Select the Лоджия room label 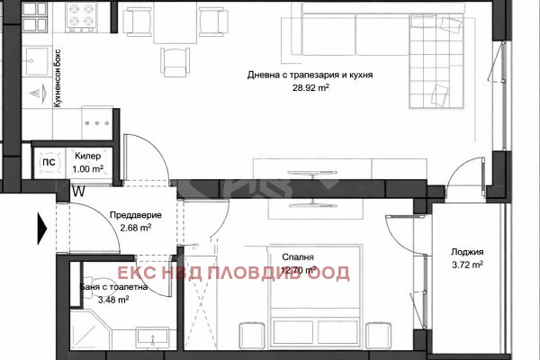click(x=468, y=252)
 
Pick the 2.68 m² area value click(x=135, y=228)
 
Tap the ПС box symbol click(x=48, y=164)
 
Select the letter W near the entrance click(x=79, y=191)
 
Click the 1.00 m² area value click(x=89, y=168)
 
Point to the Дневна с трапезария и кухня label click(x=310, y=76)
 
